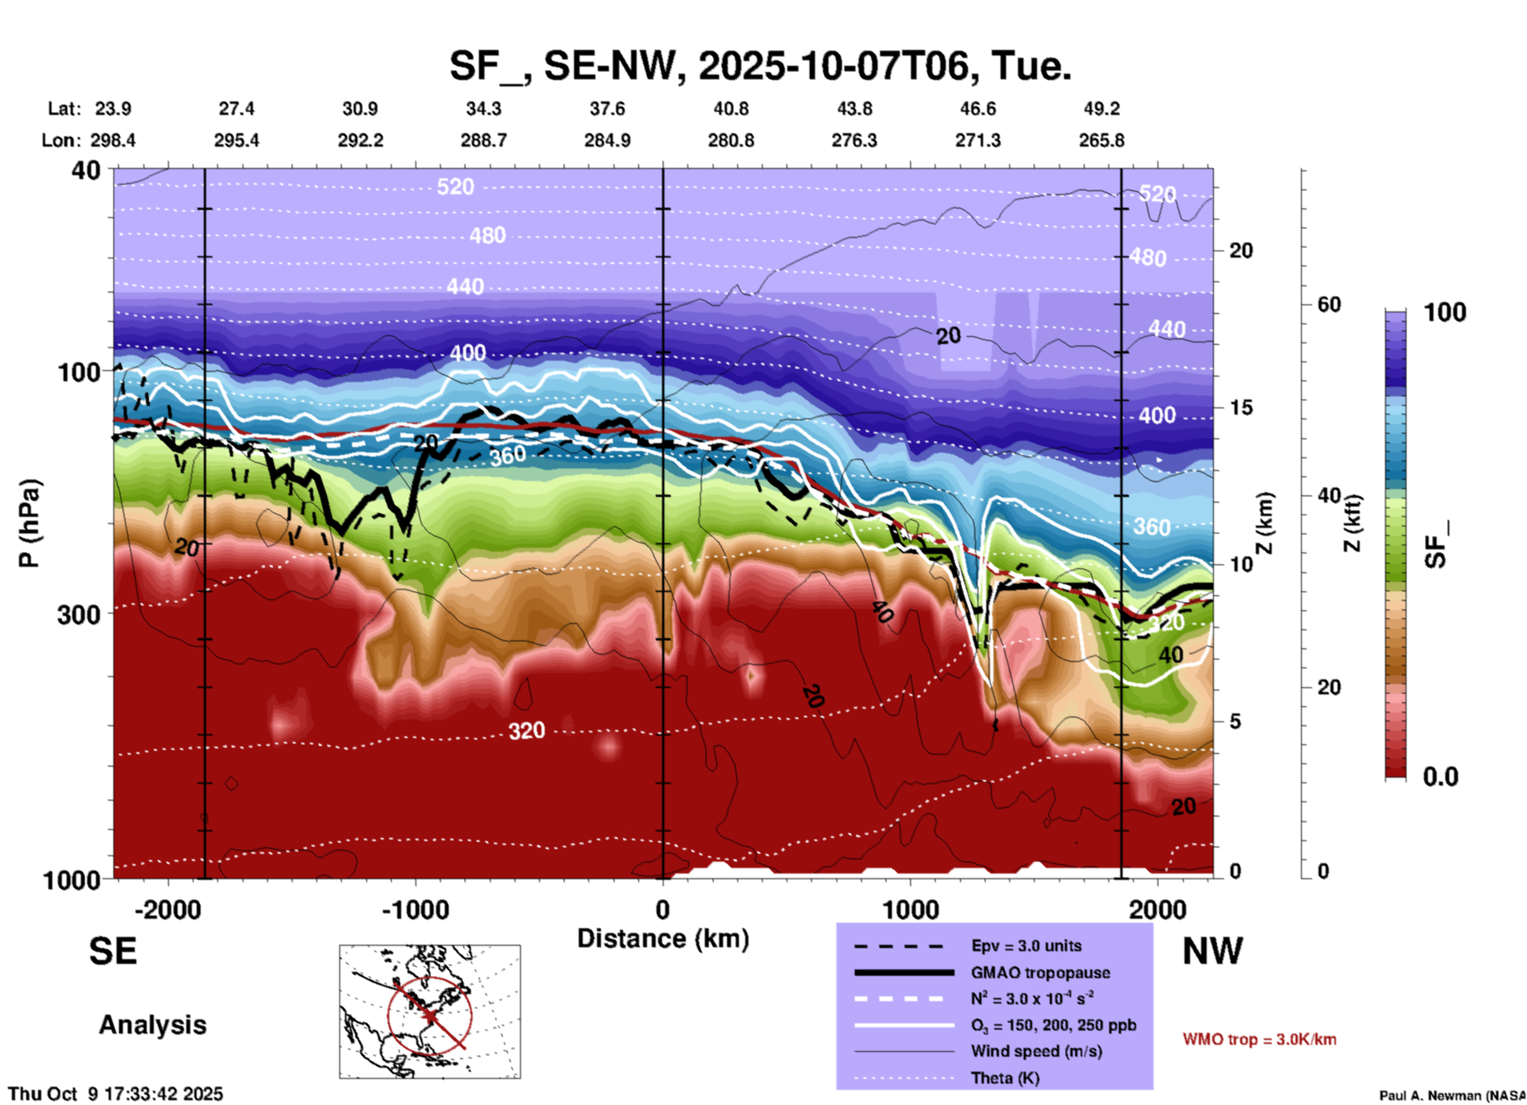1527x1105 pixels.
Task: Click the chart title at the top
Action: click(760, 65)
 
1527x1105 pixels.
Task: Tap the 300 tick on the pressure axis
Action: click(79, 614)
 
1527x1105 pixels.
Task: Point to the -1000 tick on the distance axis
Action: click(415, 909)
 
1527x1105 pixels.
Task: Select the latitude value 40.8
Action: click(730, 109)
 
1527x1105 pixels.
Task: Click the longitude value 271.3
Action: click(978, 140)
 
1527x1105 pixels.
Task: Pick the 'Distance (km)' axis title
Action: click(663, 939)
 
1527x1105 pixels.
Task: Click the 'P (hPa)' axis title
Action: click(29, 522)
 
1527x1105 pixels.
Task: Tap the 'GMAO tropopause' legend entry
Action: click(1039, 973)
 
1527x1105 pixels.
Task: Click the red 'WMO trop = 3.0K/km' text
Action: click(1259, 1039)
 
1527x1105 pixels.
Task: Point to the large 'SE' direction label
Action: click(113, 951)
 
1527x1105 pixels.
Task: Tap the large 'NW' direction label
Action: click(1212, 951)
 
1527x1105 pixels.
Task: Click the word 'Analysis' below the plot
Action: click(152, 1025)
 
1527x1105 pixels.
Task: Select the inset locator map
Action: click(430, 1011)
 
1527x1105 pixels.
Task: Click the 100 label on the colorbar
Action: click(1445, 312)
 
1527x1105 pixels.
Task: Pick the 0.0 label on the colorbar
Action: click(1441, 776)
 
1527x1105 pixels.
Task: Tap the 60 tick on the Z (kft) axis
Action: click(1329, 304)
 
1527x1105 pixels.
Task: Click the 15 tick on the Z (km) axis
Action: click(1241, 407)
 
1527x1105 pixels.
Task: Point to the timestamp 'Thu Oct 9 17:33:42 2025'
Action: click(116, 1094)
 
